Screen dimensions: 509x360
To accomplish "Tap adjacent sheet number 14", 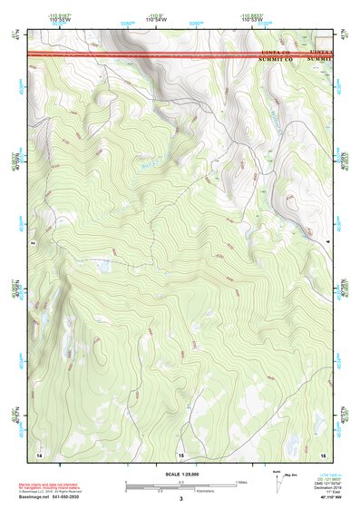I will point(39,453).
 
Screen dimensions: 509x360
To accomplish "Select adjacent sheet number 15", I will point(180,454).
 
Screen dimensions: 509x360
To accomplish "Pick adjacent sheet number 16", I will point(324,453).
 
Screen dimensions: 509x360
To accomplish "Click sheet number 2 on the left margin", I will point(32,243).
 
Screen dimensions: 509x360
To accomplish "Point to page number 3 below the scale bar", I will point(180,499).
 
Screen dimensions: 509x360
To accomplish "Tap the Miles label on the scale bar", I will point(240,481).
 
